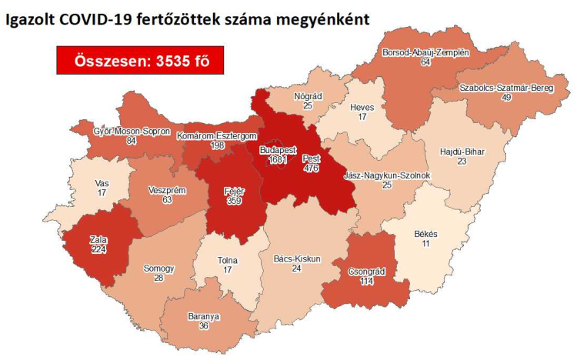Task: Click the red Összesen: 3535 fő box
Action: pos(139,60)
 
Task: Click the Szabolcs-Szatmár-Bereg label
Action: pos(506,88)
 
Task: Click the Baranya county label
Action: pos(203,315)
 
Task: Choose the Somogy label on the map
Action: pos(159,268)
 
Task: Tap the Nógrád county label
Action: pos(308,97)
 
